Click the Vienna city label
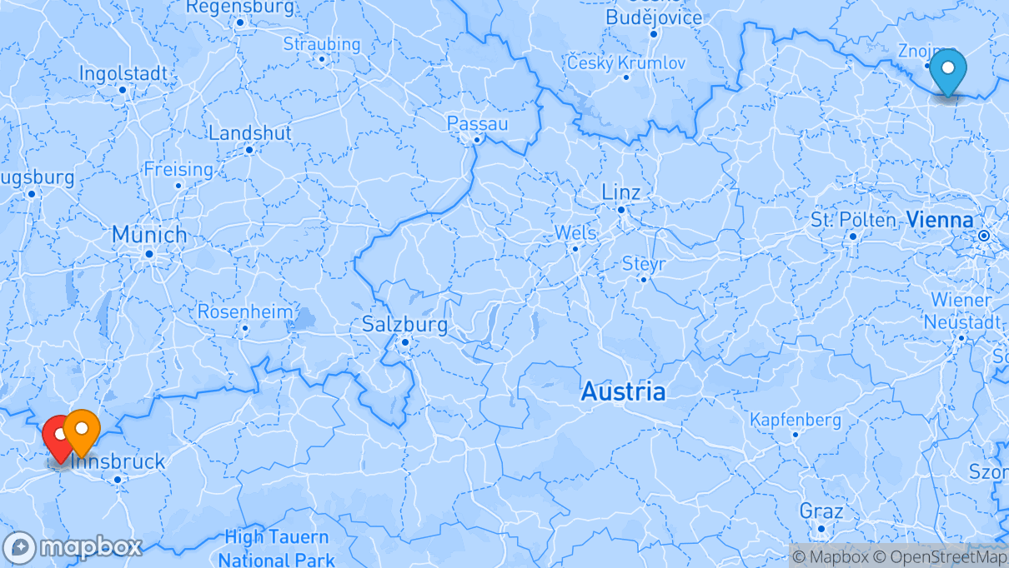(x=940, y=221)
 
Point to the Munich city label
(x=149, y=235)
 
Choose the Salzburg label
(x=404, y=325)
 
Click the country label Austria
(x=623, y=391)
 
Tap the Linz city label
(x=621, y=192)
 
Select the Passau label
(x=477, y=123)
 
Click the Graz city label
(x=821, y=511)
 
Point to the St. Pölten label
(x=852, y=220)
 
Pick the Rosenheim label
(x=245, y=312)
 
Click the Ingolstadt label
(x=123, y=73)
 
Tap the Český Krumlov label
(x=626, y=62)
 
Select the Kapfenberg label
(x=795, y=420)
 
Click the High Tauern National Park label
(x=277, y=549)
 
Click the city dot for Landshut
(x=249, y=150)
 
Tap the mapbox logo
(x=73, y=547)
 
